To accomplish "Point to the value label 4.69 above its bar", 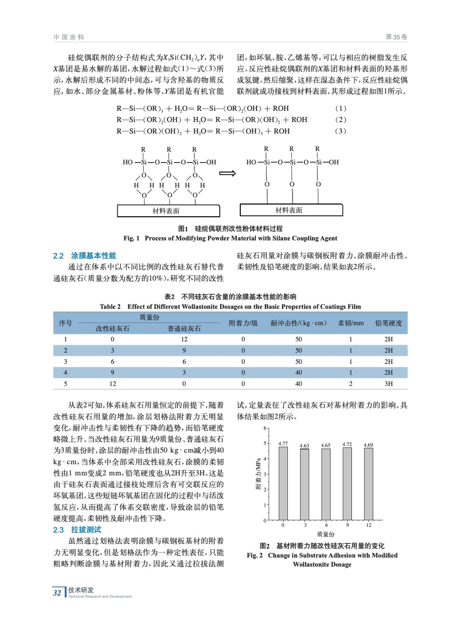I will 368,445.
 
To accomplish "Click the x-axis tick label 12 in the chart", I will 369,525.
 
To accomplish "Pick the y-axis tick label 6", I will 265,428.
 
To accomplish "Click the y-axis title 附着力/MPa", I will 258,474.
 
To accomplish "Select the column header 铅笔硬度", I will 388,323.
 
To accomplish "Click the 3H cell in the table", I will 388,384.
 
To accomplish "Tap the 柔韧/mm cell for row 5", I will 350,384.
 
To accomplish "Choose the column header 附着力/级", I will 243,323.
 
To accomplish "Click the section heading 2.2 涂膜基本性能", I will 85,256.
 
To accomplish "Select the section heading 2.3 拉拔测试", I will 77,530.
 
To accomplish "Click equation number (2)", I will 340,120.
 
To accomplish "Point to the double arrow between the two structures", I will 228,173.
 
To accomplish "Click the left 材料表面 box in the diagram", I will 168,211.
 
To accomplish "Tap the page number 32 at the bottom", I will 57,593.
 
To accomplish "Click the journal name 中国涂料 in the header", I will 69,37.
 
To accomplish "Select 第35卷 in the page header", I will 396,37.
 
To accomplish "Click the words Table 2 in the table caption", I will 110,307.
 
